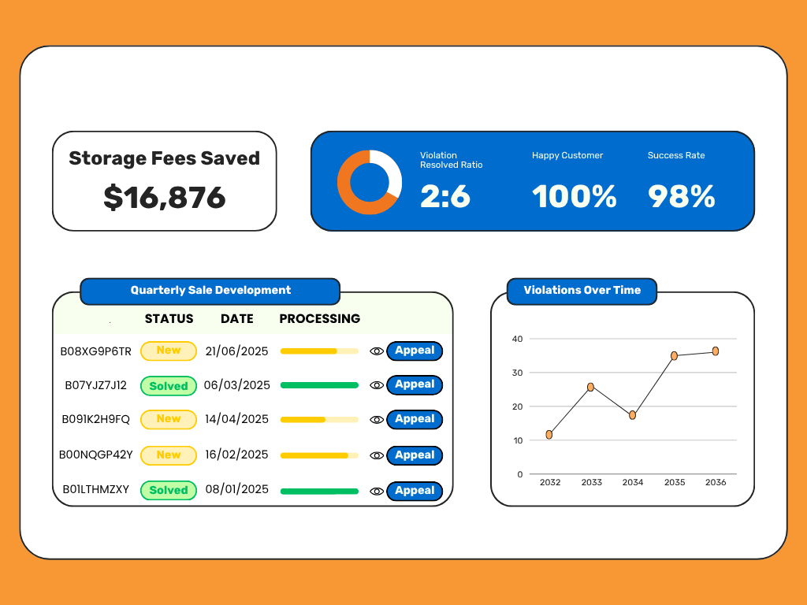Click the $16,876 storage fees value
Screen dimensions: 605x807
coord(165,198)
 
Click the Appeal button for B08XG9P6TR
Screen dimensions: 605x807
coord(415,351)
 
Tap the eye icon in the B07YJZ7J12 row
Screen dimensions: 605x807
coord(377,385)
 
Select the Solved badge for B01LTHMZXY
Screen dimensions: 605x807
coord(169,490)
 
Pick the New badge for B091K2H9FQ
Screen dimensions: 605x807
coord(169,419)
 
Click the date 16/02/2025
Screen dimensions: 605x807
coord(236,455)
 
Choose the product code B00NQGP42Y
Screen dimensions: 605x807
coord(96,455)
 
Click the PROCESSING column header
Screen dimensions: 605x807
coord(319,319)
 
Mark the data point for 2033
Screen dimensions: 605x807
coord(590,387)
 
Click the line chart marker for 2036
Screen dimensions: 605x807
coord(716,351)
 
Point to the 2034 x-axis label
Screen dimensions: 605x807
coord(632,482)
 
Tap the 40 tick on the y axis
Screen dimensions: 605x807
coord(518,339)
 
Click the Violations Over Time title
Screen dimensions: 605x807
coord(582,290)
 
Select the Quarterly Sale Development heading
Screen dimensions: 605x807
coord(210,290)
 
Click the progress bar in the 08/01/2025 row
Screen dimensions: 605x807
coord(319,491)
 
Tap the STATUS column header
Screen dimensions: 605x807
coord(169,319)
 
